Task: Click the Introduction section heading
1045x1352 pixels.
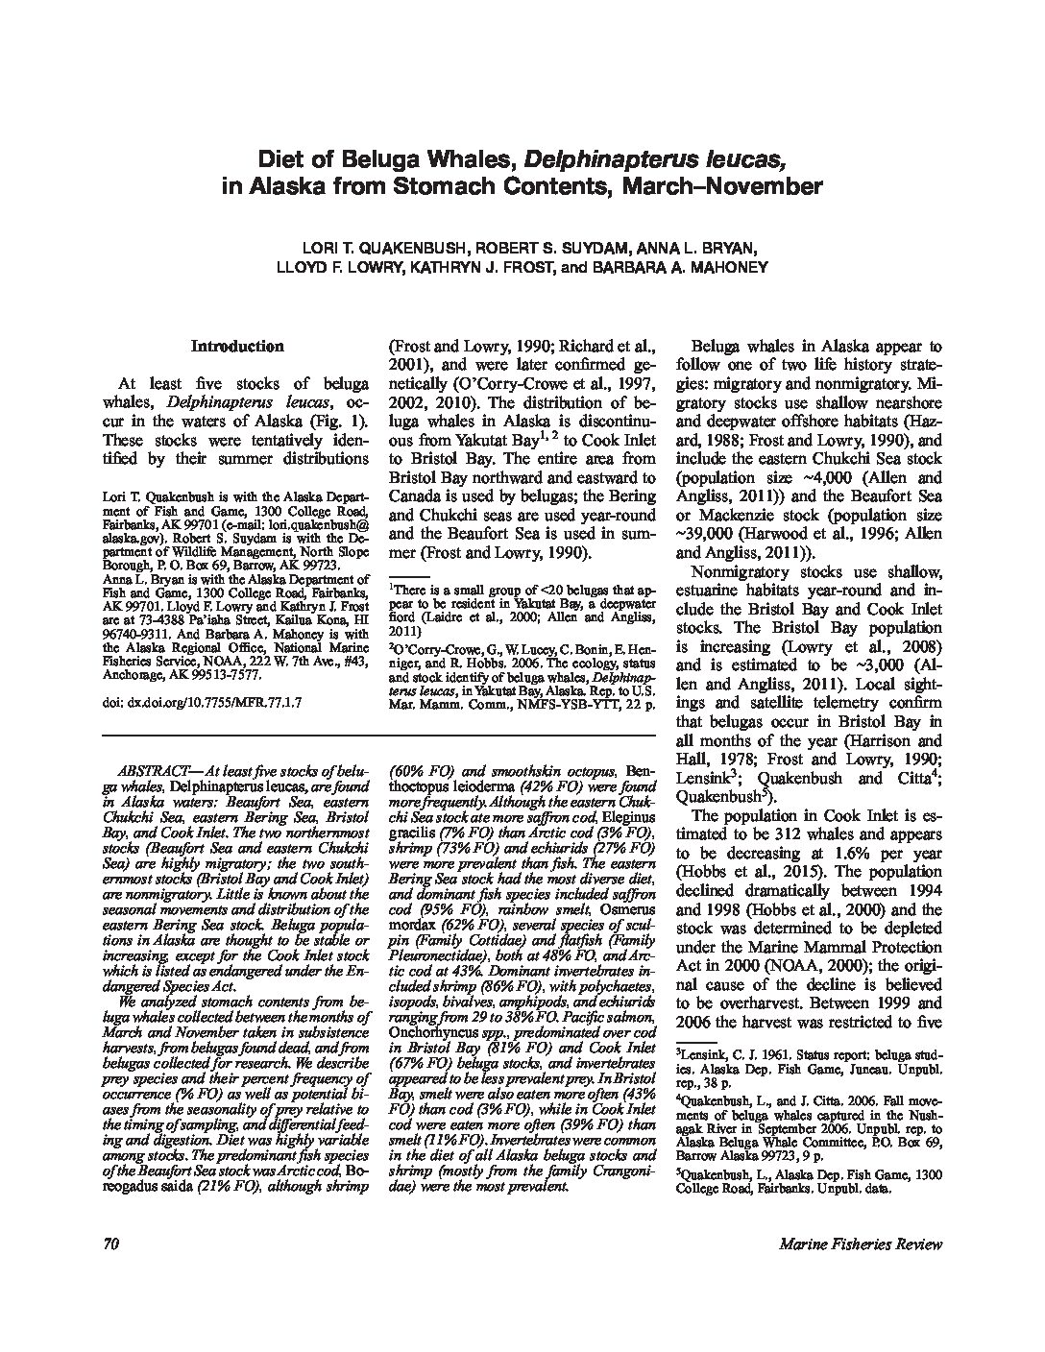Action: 236,346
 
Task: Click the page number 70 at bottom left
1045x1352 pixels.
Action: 109,1244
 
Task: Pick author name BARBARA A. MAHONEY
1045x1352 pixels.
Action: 669,267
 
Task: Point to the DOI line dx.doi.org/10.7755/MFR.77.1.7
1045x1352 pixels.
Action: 202,703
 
